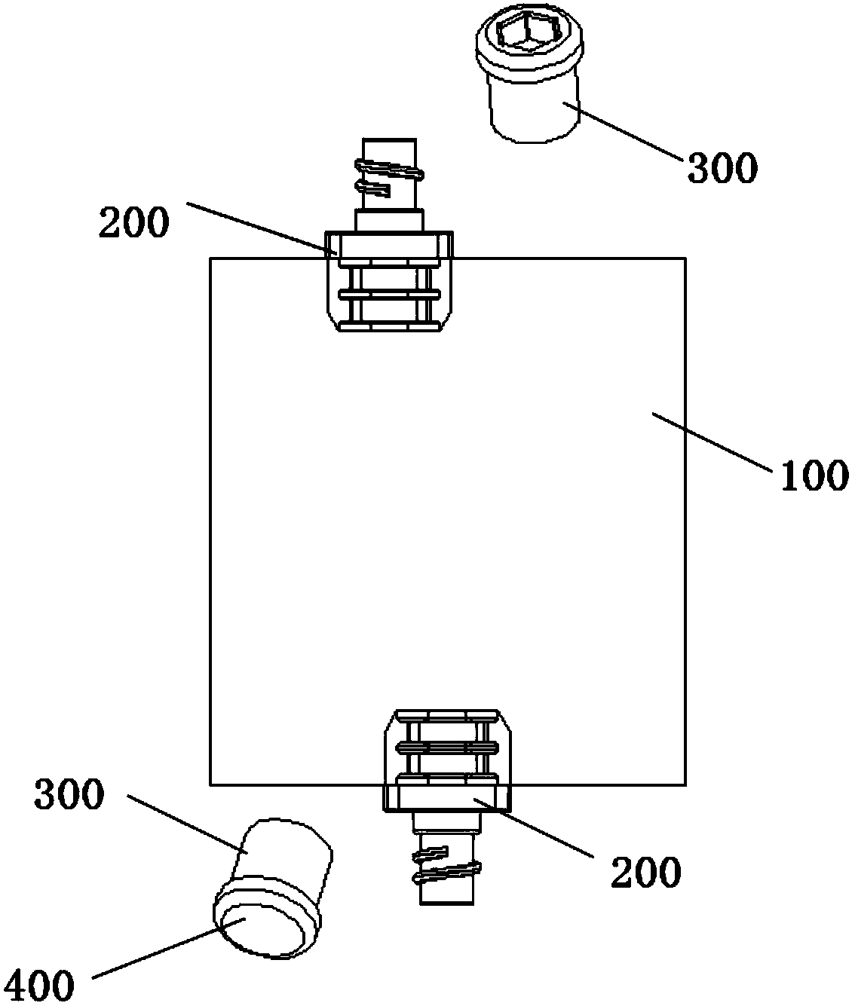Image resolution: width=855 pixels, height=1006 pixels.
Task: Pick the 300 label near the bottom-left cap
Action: (68, 794)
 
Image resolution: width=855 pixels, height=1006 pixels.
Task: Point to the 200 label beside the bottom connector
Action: (645, 872)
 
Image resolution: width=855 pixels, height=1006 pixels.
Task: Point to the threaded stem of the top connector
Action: (388, 177)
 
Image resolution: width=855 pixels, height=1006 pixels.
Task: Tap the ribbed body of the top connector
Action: (388, 290)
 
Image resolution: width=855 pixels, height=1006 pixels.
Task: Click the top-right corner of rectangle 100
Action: (685, 258)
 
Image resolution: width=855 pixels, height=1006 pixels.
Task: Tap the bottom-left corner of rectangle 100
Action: (210, 785)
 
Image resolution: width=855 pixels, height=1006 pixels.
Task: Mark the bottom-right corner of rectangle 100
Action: (685, 785)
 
